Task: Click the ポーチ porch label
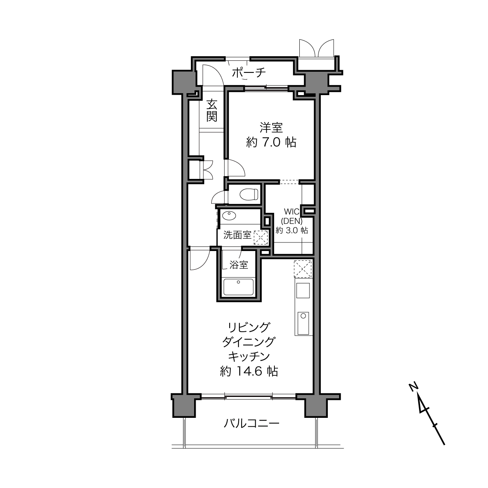click(249, 73)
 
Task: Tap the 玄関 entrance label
click(212, 111)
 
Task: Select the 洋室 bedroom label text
click(271, 127)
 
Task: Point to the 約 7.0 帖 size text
click(271, 143)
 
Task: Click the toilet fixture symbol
click(249, 194)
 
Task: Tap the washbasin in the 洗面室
click(229, 216)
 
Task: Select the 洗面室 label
click(237, 235)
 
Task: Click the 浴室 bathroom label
click(239, 265)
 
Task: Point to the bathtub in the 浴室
click(238, 287)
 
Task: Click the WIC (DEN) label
click(292, 216)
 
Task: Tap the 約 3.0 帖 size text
click(292, 230)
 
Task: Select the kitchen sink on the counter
click(303, 323)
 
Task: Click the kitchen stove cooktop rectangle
click(303, 290)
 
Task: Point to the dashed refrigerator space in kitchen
click(302, 269)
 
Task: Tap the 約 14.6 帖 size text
click(249, 371)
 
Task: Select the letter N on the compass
click(413, 387)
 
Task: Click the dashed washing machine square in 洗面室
click(261, 238)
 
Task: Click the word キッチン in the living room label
click(249, 357)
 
